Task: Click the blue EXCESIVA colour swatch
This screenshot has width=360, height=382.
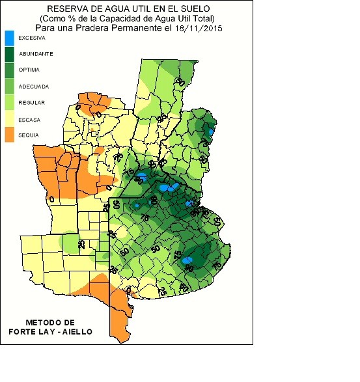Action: coord(9,38)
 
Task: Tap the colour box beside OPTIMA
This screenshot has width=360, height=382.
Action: coord(9,70)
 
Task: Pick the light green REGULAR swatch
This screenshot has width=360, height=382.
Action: coord(9,103)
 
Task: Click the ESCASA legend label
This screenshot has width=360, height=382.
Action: coord(30,120)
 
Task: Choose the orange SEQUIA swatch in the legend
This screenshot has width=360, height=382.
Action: coord(9,135)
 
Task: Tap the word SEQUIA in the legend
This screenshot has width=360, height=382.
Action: coord(30,135)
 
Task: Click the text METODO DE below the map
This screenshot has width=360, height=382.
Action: coord(50,323)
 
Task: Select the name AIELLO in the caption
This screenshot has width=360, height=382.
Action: coord(76,332)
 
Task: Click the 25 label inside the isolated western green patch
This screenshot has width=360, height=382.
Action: coord(81,243)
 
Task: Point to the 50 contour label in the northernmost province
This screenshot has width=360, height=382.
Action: coord(180,81)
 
